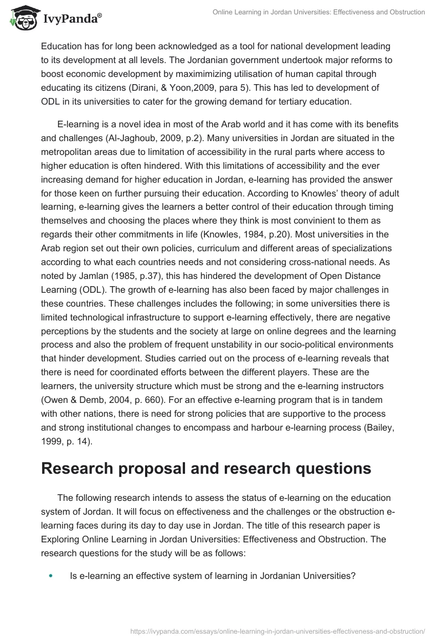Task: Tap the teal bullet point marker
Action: (x=51, y=576)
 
